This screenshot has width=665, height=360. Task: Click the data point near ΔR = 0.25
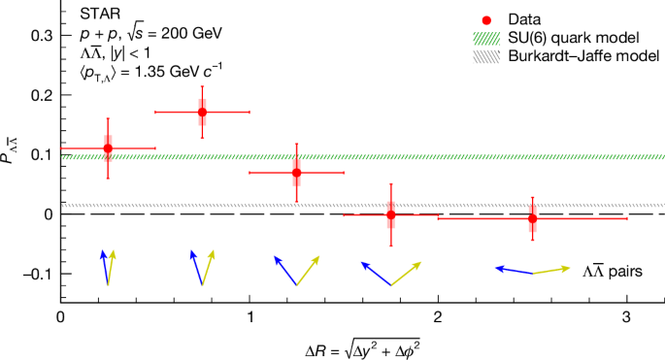coord(108,148)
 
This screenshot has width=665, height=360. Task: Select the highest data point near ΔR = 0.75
coord(202,113)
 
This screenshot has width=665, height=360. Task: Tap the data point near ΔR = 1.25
coord(296,173)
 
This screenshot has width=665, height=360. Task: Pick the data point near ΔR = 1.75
coord(390,214)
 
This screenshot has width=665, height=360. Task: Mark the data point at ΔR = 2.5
coord(532,218)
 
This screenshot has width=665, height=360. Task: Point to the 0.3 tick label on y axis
coord(40,35)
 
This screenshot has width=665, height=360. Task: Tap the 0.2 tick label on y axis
coord(40,95)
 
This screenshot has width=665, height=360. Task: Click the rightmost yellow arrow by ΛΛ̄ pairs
coord(551,270)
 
